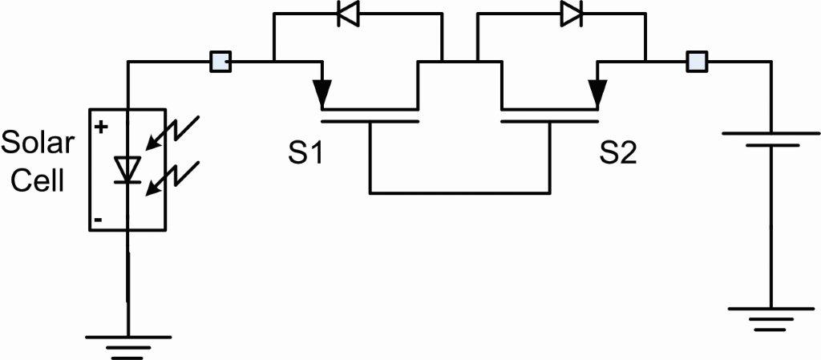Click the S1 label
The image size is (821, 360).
(x=305, y=153)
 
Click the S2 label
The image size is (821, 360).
(x=618, y=153)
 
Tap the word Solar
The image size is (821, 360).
(x=38, y=145)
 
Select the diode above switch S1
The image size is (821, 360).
(x=349, y=16)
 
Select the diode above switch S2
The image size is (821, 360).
(x=571, y=14)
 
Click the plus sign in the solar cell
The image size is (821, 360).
(x=101, y=126)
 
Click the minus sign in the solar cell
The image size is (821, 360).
(x=98, y=218)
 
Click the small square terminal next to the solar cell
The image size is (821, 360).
(x=220, y=61)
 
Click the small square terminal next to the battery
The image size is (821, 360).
(x=697, y=61)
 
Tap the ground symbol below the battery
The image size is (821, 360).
(x=770, y=318)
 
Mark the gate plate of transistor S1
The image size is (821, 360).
(x=370, y=122)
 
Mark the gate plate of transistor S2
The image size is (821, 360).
(x=549, y=122)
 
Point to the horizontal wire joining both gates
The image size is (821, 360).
(x=459, y=192)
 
